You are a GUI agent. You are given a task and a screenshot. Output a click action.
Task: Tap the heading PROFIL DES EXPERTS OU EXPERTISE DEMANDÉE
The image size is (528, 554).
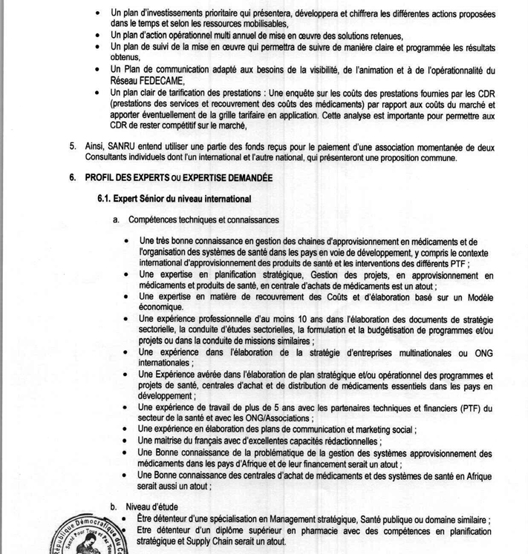pos(179,178)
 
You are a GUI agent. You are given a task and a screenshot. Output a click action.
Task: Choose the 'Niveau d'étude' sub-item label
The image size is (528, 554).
pos(153,507)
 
